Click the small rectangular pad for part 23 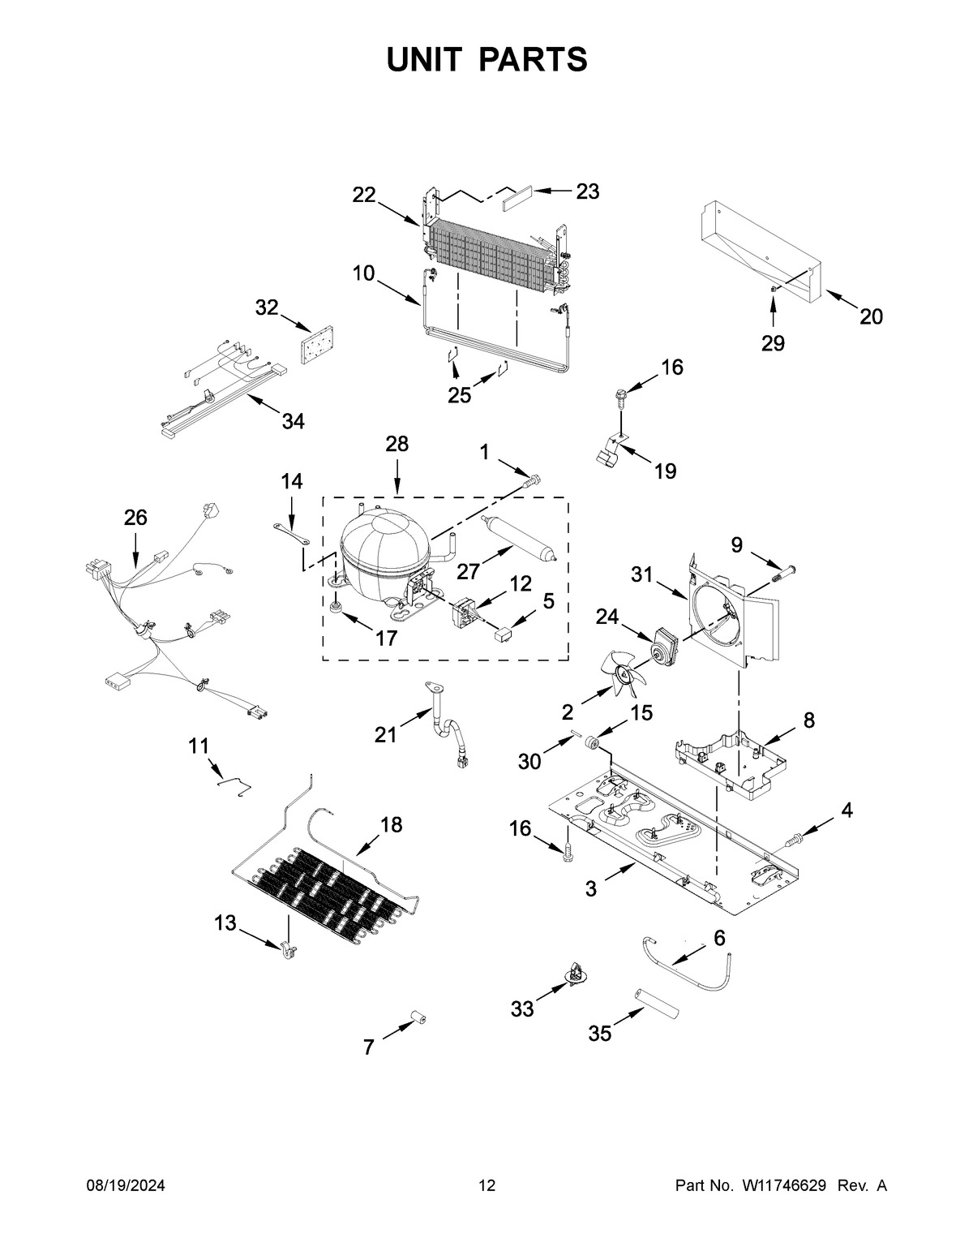pos(517,197)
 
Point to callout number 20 pos(871,316)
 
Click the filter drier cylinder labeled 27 pos(518,536)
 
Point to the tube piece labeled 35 pos(655,1002)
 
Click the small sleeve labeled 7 pos(418,1019)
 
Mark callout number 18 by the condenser pos(391,824)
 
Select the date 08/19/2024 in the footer pos(126,1186)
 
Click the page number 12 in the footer pos(486,1186)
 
